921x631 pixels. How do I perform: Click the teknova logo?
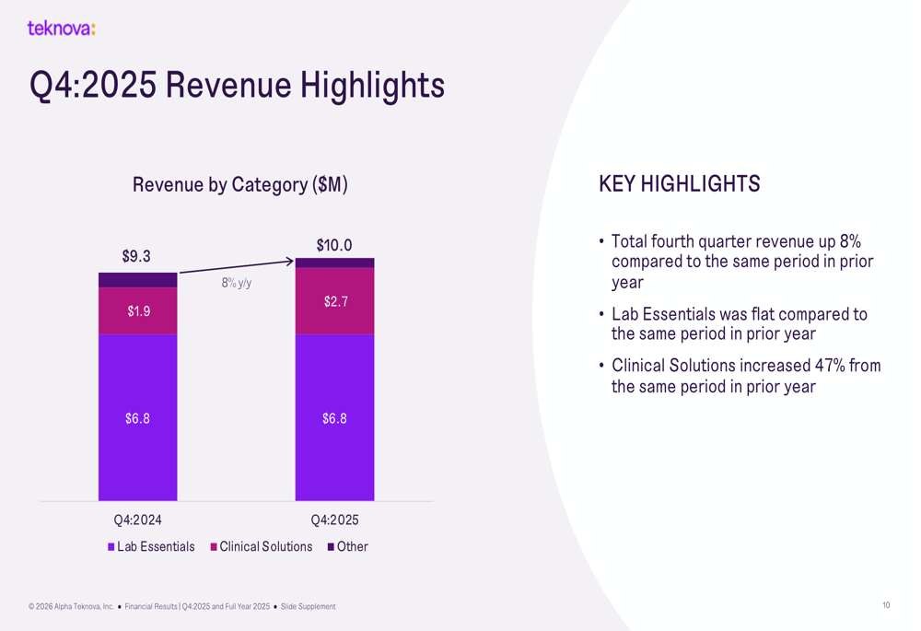pyautogui.click(x=61, y=29)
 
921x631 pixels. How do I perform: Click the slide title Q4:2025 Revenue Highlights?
pyautogui.click(x=237, y=85)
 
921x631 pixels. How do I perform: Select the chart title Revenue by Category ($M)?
pyautogui.click(x=239, y=184)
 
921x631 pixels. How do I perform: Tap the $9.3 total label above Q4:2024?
pyautogui.click(x=136, y=256)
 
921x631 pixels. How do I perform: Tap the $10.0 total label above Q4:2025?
pyautogui.click(x=334, y=245)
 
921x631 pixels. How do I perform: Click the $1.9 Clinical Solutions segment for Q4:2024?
pyautogui.click(x=138, y=311)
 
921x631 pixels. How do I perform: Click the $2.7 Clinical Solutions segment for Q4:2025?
pyautogui.click(x=335, y=301)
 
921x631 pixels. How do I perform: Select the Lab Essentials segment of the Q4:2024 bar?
pyautogui.click(x=138, y=418)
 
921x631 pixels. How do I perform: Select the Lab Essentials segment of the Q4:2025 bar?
pyautogui.click(x=335, y=418)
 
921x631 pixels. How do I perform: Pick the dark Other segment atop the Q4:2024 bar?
pyautogui.click(x=138, y=280)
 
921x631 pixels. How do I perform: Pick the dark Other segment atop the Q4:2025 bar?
pyautogui.click(x=335, y=263)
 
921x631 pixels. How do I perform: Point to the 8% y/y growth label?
pyautogui.click(x=236, y=284)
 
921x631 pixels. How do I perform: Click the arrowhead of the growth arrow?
pyautogui.click(x=289, y=263)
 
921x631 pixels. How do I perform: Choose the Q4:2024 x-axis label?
pyautogui.click(x=137, y=520)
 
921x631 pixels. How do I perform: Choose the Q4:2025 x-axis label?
pyautogui.click(x=334, y=520)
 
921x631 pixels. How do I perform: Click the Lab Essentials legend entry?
pyautogui.click(x=151, y=547)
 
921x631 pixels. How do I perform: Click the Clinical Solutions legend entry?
pyautogui.click(x=262, y=547)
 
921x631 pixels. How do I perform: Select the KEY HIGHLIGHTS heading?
pyautogui.click(x=679, y=184)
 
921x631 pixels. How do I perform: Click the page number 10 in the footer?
pyautogui.click(x=885, y=605)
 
